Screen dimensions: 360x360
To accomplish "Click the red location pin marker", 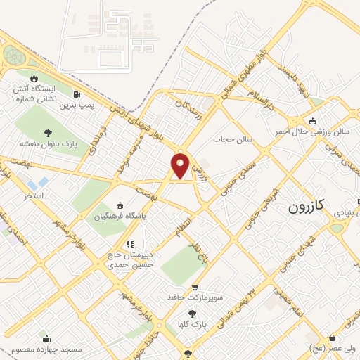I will click(x=181, y=165).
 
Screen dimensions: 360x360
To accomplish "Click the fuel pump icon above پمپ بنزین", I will click(x=76, y=95).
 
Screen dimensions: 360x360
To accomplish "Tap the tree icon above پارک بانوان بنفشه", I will click(x=47, y=132).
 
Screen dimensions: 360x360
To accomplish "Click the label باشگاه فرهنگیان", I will click(x=120, y=217).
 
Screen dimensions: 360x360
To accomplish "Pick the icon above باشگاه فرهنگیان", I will click(x=120, y=205).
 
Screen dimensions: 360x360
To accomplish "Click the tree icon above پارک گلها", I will click(x=192, y=314).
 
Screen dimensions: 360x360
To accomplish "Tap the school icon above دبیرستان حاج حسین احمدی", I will click(x=129, y=245).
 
